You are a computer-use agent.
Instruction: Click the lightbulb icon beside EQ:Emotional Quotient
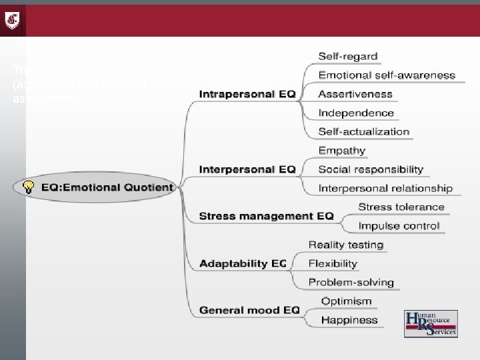28,187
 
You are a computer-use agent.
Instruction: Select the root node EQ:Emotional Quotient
107,187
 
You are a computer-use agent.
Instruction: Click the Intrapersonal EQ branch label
247,94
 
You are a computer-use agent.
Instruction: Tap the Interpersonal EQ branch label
247,169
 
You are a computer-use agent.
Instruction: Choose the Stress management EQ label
266,215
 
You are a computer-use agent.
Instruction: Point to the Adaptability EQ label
243,263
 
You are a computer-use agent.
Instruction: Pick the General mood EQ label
249,310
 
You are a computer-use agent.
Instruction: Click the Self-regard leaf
348,57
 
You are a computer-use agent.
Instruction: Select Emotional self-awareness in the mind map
387,75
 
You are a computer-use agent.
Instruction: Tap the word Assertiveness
355,94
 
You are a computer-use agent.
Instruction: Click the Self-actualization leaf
363,131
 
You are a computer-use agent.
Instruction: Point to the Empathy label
342,151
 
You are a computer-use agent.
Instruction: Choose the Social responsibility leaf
371,169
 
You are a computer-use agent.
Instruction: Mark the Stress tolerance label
401,207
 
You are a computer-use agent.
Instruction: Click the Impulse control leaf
399,226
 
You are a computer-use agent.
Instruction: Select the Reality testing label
346,245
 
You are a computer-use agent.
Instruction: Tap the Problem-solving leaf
351,282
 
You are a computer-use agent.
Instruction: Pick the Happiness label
349,320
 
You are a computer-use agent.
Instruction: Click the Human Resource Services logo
430,325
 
